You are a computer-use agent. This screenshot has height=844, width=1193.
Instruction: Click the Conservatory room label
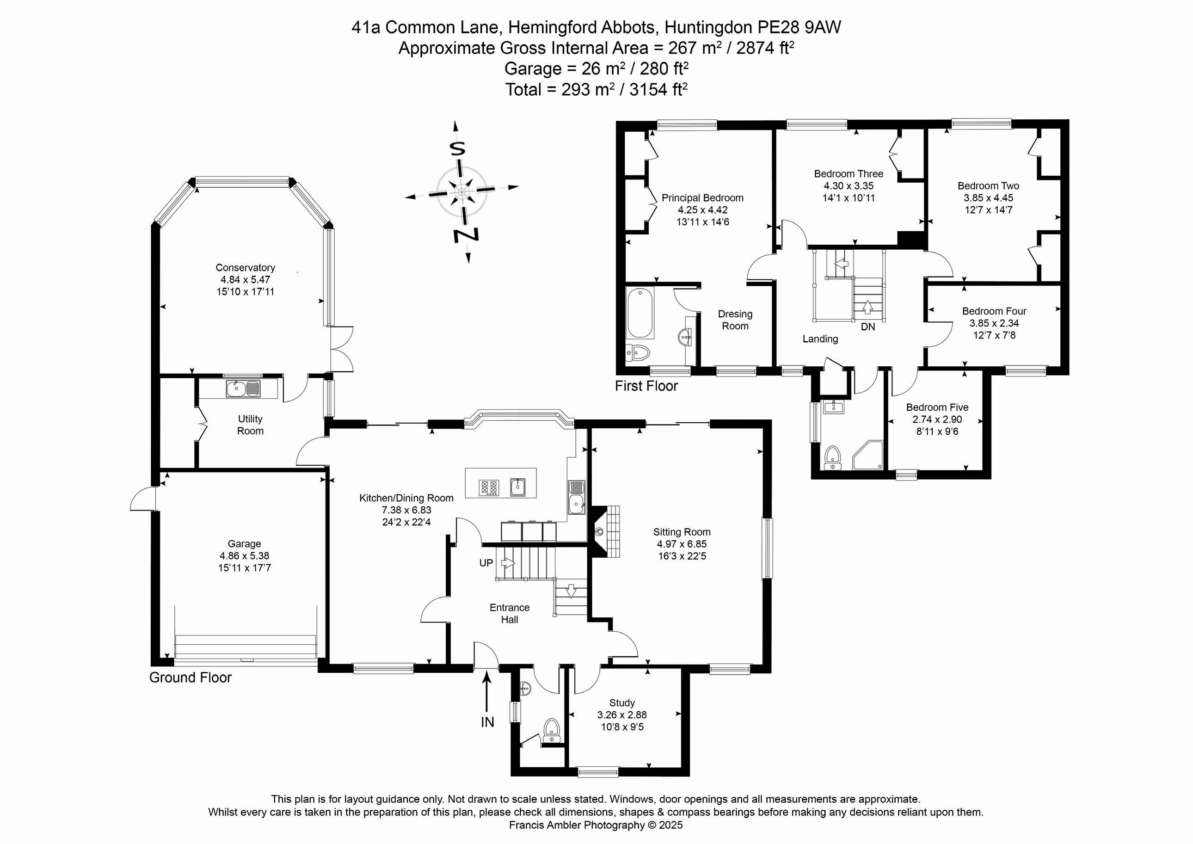click(245, 268)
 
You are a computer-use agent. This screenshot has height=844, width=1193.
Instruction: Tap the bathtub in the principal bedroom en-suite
click(640, 314)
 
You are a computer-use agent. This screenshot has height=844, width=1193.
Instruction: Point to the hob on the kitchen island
click(489, 487)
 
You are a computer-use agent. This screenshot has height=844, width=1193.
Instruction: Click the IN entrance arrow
click(487, 691)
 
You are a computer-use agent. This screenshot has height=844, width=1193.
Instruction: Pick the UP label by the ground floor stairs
click(486, 563)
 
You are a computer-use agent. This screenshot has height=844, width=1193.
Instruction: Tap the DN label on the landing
click(868, 327)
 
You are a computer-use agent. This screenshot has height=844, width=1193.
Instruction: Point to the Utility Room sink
click(243, 388)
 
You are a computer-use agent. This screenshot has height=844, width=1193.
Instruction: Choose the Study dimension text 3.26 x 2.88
click(622, 715)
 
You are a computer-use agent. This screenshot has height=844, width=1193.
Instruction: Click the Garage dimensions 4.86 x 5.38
click(244, 555)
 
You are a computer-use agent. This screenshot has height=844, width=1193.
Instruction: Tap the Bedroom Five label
click(937, 407)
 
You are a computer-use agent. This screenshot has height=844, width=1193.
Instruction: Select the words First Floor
click(646, 386)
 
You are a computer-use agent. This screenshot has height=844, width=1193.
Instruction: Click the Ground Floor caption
click(190, 677)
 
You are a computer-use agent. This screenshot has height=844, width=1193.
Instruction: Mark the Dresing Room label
click(735, 320)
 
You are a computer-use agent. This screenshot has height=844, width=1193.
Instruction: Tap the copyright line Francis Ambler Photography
click(596, 825)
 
